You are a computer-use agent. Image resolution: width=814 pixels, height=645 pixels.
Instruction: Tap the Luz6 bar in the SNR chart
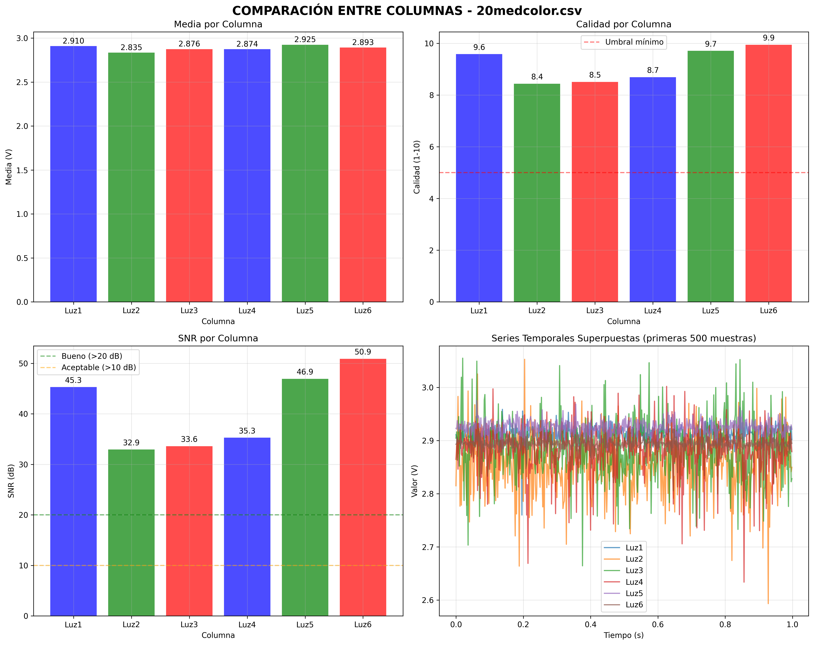point(363,487)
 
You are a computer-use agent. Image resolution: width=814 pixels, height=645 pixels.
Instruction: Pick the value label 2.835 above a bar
point(131,48)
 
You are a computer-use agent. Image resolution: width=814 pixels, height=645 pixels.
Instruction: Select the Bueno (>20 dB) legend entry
point(92,356)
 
